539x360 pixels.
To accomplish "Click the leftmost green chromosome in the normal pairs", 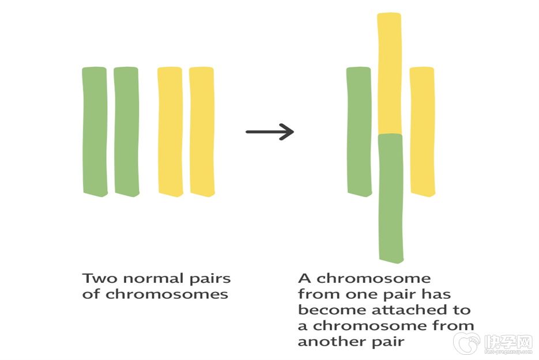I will click(x=95, y=131).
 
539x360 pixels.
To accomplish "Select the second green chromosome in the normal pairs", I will click(x=126, y=131).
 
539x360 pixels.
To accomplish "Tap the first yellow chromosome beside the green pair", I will click(x=170, y=131).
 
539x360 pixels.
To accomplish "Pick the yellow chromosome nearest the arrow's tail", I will click(x=202, y=131).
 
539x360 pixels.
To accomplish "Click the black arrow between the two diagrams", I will click(x=270, y=132).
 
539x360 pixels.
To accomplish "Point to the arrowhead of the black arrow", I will click(x=288, y=132).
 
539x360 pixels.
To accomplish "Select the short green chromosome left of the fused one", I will click(x=359, y=131).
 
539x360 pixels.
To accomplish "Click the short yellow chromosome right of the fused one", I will click(x=422, y=131).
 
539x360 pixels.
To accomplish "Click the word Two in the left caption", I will click(x=96, y=279).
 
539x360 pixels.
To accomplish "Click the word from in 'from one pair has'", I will click(x=315, y=294).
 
